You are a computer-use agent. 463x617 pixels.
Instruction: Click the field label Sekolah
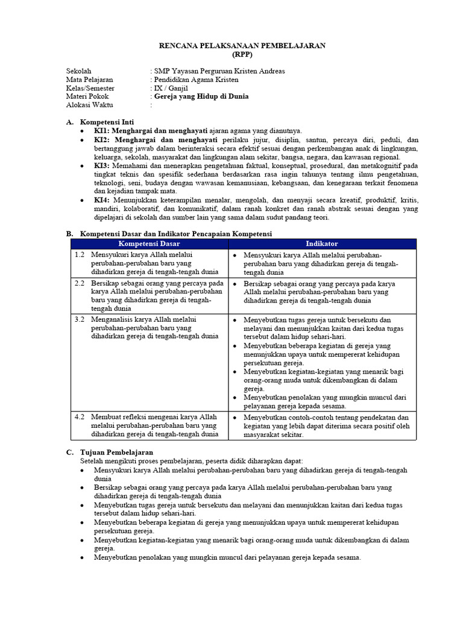click(x=79, y=71)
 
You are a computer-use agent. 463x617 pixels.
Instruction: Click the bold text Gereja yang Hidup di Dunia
click(x=201, y=96)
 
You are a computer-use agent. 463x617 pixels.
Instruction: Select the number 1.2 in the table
click(x=80, y=255)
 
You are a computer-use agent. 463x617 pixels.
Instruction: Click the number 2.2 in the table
click(x=80, y=283)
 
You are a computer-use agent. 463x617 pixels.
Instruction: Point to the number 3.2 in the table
click(x=80, y=319)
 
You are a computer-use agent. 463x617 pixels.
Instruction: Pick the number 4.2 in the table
click(x=80, y=417)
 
